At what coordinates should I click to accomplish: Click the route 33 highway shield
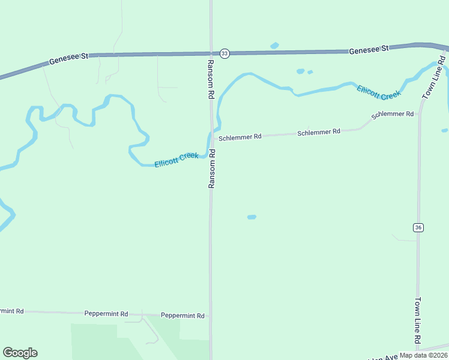tap(224, 53)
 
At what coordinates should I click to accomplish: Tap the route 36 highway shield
tap(418, 227)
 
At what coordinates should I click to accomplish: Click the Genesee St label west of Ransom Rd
tap(69, 58)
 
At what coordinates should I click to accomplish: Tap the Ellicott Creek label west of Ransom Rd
tap(176, 160)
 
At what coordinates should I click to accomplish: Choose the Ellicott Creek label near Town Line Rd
tap(379, 92)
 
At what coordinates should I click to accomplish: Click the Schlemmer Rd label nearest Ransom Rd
tap(240, 137)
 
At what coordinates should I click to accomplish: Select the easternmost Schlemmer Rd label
tap(393, 114)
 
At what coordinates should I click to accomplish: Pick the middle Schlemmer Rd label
tap(319, 131)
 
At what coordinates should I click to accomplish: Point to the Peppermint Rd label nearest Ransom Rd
tap(183, 316)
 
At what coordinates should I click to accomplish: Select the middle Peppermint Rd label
tap(106, 314)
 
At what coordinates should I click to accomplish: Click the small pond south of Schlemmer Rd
tap(252, 217)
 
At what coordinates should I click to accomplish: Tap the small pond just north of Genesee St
tap(275, 45)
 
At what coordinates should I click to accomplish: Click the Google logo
tap(20, 353)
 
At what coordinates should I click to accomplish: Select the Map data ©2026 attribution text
tap(423, 355)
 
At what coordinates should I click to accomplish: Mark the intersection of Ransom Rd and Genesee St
tap(211, 53)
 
